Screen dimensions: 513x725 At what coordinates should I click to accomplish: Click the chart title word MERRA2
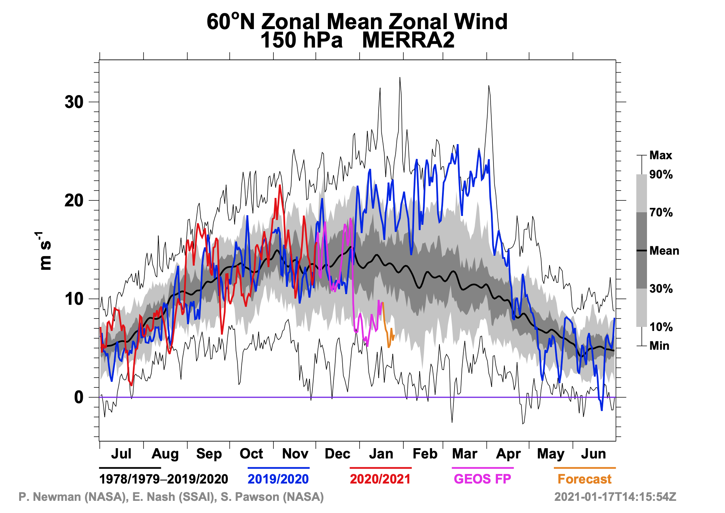tap(408, 40)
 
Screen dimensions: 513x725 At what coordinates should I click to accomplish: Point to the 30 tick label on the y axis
tap(74, 102)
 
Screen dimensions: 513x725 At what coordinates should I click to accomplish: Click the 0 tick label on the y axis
tap(79, 397)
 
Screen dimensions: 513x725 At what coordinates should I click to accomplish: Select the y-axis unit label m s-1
tap(45, 251)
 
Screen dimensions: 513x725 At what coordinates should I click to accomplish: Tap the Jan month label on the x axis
tap(381, 454)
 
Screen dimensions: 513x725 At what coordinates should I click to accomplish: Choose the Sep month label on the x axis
tap(209, 454)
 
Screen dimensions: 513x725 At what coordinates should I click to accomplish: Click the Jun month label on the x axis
tap(593, 454)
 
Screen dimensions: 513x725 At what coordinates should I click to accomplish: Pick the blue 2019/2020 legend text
tap(278, 479)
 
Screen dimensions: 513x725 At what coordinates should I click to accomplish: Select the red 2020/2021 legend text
tap(380, 479)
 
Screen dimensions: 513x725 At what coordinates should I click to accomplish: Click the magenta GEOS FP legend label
tap(482, 479)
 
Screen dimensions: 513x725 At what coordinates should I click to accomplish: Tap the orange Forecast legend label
tap(584, 479)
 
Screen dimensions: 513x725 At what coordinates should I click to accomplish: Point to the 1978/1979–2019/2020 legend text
tap(164, 479)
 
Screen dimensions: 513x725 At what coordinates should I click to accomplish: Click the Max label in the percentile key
tap(661, 156)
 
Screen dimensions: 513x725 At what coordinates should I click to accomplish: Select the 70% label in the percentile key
tap(661, 213)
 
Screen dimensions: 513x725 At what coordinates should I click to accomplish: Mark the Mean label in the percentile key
tap(664, 251)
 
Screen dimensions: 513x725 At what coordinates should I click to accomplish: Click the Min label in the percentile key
tap(659, 346)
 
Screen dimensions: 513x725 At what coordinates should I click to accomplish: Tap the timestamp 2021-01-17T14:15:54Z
tap(615, 497)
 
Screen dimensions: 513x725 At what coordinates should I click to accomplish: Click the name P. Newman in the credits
tap(50, 497)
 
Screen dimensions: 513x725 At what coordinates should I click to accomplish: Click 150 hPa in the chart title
tap(301, 40)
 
